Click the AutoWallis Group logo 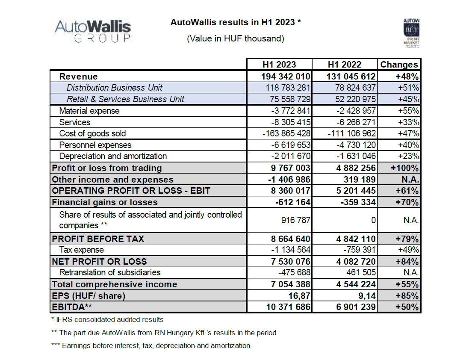point(93,31)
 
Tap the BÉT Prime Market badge point(411,33)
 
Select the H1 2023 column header point(279,65)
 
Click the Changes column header point(399,65)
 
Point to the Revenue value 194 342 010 point(286,77)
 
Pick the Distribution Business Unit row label point(115,88)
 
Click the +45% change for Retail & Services point(408,99)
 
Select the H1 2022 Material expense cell point(356,111)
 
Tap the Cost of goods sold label point(92,133)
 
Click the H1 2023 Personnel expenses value point(291,145)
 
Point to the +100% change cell point(405,168)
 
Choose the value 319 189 point(360,180)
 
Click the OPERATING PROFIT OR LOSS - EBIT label point(131,191)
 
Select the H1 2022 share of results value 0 point(374,220)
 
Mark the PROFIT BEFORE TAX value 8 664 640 point(290,239)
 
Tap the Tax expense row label point(82,250)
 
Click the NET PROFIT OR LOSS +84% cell point(407,262)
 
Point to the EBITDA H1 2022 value point(356,307)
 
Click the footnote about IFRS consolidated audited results point(108,319)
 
